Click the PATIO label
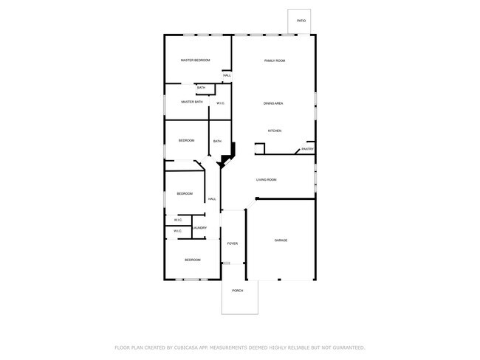coord(301,21)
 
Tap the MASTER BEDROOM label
coord(196,60)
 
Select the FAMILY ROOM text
coord(275,60)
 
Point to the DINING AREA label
coord(274,103)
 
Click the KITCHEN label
coord(274,131)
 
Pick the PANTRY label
coord(308,149)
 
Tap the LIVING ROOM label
coord(266,180)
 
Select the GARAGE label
coord(281,240)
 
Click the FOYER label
coord(232,243)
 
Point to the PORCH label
coord(238,291)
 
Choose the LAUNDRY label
coord(200,228)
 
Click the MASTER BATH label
coord(192,102)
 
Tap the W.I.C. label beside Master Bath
coord(221,103)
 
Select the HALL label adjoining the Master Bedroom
coord(227,75)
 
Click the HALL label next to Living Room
coord(212,199)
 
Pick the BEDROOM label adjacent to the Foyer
coord(192,260)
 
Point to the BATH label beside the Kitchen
coord(217,141)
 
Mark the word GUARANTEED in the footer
coord(348,347)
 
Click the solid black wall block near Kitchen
coord(229,151)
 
